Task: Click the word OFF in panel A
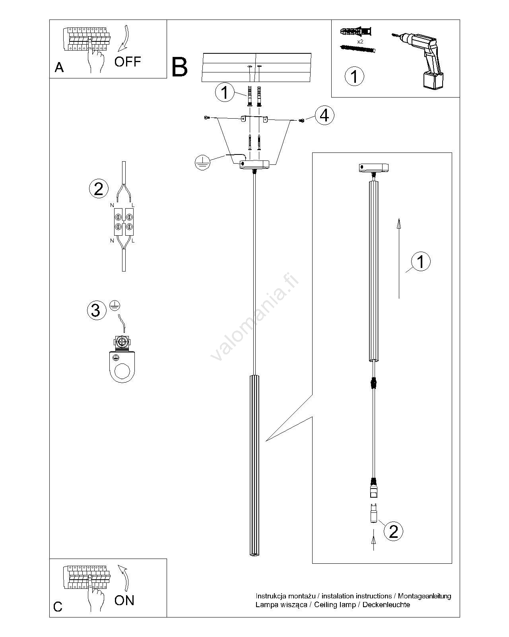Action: pos(128,61)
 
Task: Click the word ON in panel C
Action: pos(124,600)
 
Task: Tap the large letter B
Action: pos(180,67)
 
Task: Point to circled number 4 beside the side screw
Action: pos(324,116)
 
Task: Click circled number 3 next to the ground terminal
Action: pos(96,310)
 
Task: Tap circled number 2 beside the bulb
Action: pos(393,531)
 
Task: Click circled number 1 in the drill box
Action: pos(354,76)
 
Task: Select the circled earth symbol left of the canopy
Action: pos(202,162)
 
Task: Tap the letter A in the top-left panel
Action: pos(59,68)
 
